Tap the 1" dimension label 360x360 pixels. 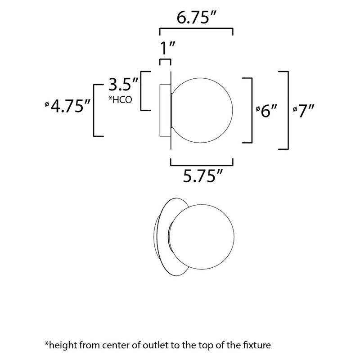click(167, 48)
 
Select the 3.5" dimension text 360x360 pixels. click(123, 84)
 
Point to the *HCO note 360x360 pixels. click(120, 99)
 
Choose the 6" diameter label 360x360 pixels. click(267, 111)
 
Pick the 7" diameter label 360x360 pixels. click(303, 111)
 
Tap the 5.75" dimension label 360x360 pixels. click(203, 176)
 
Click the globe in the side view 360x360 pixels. click(202, 110)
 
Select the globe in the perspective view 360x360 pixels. click(202, 237)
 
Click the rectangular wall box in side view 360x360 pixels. click(165, 110)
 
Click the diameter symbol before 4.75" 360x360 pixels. click(47, 104)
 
